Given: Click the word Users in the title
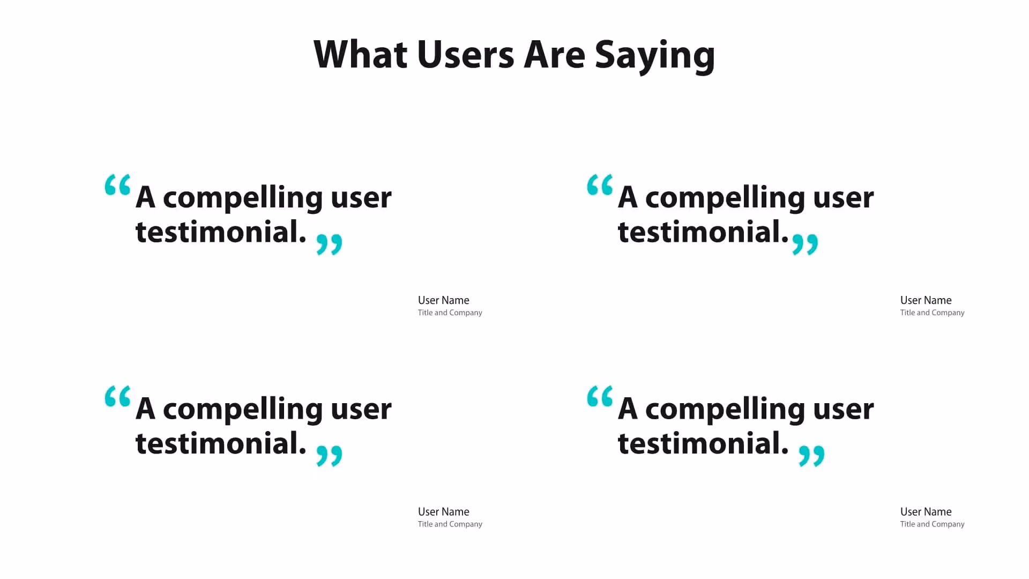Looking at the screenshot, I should pyautogui.click(x=465, y=55).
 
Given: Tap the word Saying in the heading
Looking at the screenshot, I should pyautogui.click(x=654, y=56).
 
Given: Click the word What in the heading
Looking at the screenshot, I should pyautogui.click(x=360, y=55).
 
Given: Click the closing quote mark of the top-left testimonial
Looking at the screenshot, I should pyautogui.click(x=329, y=244).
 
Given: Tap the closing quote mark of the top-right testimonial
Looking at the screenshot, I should pyautogui.click(x=805, y=244).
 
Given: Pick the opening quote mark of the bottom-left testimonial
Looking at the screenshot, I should pyautogui.click(x=117, y=396).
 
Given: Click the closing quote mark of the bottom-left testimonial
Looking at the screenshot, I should pyautogui.click(x=329, y=456).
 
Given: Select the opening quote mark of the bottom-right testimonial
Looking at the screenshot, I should pyautogui.click(x=600, y=396).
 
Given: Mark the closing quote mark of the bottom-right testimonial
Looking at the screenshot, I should pyautogui.click(x=811, y=456).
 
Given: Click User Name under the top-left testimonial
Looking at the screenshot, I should pyautogui.click(x=443, y=300).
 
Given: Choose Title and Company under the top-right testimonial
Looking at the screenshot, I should pyautogui.click(x=932, y=313).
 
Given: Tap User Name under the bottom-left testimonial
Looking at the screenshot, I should pyautogui.click(x=443, y=512).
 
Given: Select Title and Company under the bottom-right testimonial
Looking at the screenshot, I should pyautogui.click(x=932, y=524).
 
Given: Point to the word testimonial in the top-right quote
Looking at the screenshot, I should pyautogui.click(x=703, y=232).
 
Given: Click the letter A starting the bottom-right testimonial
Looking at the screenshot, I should pyautogui.click(x=628, y=409).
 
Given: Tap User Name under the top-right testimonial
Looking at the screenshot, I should pyautogui.click(x=926, y=300).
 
